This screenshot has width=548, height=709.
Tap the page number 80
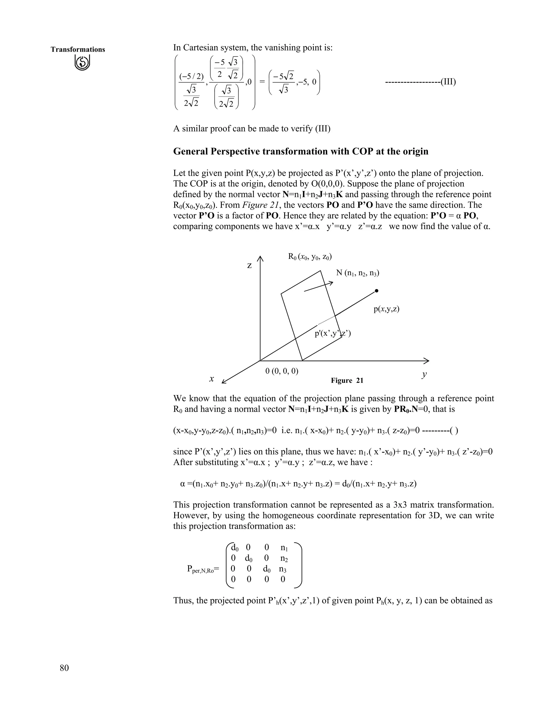64,668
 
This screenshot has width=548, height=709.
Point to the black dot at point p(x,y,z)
376,291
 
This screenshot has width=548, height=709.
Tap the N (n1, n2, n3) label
357,273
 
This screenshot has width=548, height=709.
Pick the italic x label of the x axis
212,379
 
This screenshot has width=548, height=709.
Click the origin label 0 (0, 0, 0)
282,371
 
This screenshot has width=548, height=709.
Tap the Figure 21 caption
347,380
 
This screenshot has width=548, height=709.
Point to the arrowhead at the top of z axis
260,258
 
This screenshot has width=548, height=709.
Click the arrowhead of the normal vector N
331,283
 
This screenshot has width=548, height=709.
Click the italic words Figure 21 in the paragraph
260,205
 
